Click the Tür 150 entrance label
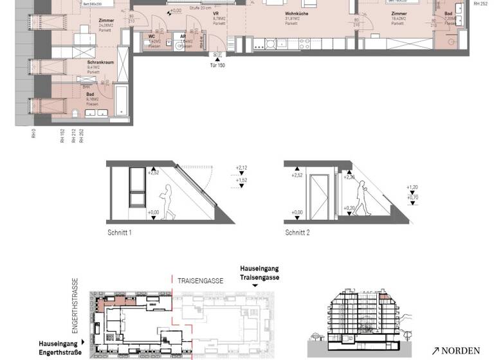point(217,66)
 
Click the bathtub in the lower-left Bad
point(122,103)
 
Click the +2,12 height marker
point(242,168)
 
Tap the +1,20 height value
point(413,188)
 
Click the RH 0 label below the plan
point(33,135)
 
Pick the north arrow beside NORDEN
point(435,350)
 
